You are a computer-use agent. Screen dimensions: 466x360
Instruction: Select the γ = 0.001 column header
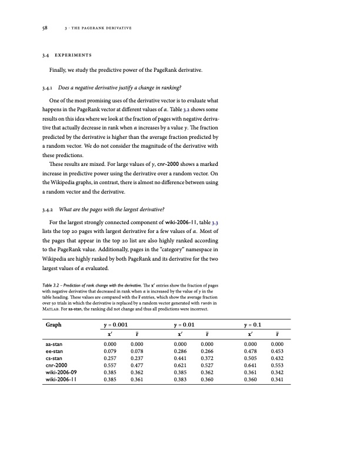[x=116, y=325]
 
